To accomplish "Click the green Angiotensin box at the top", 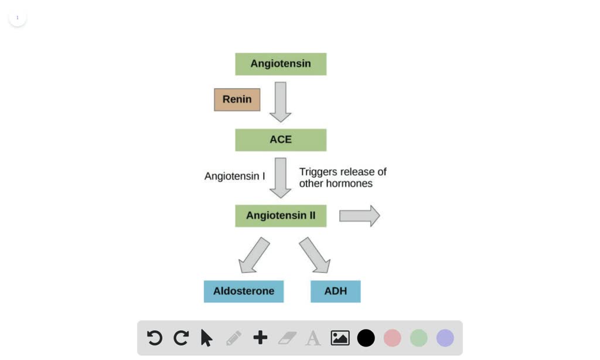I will (x=281, y=64).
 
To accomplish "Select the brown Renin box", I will (x=237, y=100).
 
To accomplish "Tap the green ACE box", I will (x=281, y=140).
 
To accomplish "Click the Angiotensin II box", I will (x=281, y=216).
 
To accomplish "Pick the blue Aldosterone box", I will (x=244, y=291).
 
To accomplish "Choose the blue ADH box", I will (x=336, y=291).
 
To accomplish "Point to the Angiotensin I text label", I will (x=234, y=176).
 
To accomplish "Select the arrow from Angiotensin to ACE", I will (x=281, y=101).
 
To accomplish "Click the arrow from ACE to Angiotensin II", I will (x=281, y=178).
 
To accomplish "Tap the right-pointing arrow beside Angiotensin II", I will (x=359, y=216).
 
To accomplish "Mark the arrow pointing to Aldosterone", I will (x=254, y=255).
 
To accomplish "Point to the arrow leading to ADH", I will (x=315, y=255).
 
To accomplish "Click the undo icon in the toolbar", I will (x=154, y=338).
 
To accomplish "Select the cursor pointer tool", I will (x=206, y=338).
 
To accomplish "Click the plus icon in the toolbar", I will (x=260, y=338).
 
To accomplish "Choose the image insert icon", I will (x=340, y=338).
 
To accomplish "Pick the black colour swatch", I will (x=366, y=338).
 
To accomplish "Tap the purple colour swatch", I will (x=445, y=338).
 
